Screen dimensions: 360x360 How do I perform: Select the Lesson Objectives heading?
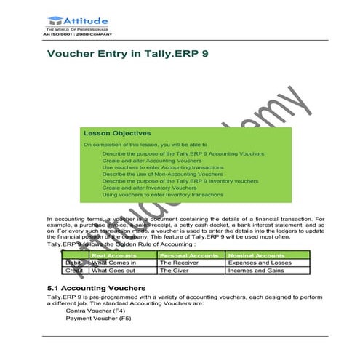(x=117, y=133)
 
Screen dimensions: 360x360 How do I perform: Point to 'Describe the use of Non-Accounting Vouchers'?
(x=162, y=175)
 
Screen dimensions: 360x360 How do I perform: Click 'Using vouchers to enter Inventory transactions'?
(x=162, y=195)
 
